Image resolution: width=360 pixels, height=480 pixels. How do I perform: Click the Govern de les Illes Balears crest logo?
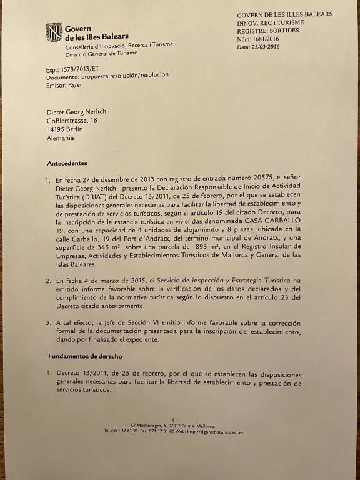[54, 32]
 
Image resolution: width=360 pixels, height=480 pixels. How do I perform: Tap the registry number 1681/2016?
[264, 39]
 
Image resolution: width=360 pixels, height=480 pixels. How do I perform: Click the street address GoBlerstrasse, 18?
[72, 121]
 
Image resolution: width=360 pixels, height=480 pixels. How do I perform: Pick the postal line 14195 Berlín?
[65, 129]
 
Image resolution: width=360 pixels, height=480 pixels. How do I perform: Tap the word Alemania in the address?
[60, 138]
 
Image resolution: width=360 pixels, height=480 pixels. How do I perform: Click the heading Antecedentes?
[67, 163]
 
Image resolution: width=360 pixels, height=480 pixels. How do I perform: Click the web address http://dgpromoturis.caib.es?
[215, 431]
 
